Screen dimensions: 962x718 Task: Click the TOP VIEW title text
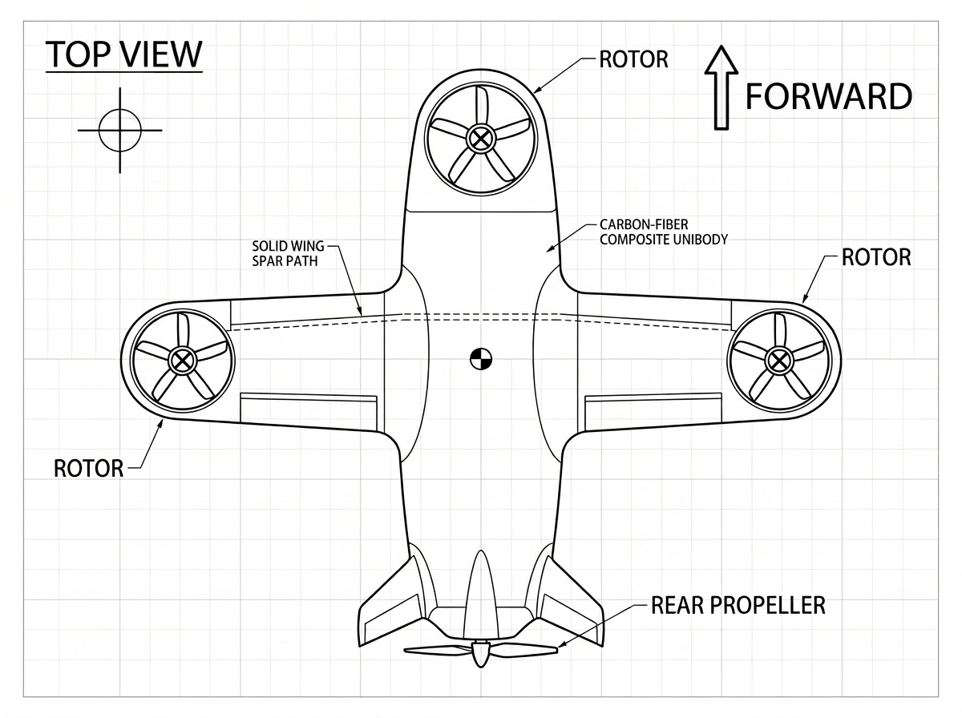(x=124, y=54)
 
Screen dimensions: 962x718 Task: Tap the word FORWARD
(x=828, y=97)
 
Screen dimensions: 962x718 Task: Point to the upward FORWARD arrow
(x=721, y=87)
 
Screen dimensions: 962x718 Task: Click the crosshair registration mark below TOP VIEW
(x=120, y=130)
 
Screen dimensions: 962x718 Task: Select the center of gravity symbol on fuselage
(x=481, y=359)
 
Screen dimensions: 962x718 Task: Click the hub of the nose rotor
(x=481, y=139)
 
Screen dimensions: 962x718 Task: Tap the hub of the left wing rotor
(x=181, y=361)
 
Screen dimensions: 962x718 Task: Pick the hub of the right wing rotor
(x=778, y=361)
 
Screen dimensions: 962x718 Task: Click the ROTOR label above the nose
(x=634, y=59)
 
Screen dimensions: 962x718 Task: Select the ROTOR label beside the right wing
(x=876, y=257)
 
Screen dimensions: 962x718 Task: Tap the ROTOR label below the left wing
(x=88, y=469)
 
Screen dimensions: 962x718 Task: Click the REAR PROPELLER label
(x=738, y=606)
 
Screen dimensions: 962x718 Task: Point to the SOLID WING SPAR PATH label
(x=288, y=254)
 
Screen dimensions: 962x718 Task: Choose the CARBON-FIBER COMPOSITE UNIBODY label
(x=664, y=232)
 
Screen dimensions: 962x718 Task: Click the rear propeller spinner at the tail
(x=480, y=654)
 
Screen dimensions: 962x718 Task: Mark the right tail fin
(x=571, y=603)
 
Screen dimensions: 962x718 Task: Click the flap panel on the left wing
(x=309, y=412)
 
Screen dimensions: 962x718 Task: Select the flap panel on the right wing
(x=653, y=412)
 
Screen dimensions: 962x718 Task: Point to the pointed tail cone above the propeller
(x=481, y=595)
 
